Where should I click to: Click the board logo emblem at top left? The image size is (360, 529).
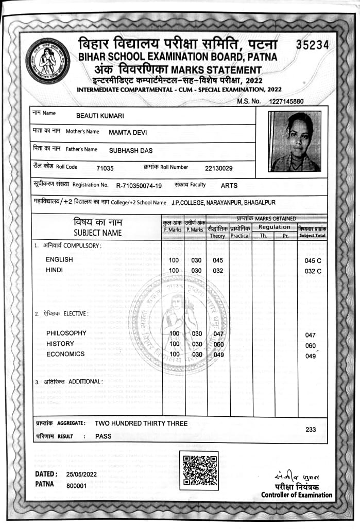coord(48,61)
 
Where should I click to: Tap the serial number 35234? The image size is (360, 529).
coord(312,45)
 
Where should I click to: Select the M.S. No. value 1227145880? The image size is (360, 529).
coord(286,101)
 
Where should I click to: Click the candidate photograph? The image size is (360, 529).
coord(295,142)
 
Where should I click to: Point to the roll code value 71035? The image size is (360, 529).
coord(105,168)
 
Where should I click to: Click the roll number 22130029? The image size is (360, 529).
coord(219,168)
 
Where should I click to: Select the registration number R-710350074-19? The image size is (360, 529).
coord(139,185)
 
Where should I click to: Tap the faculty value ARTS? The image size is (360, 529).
coord(229,185)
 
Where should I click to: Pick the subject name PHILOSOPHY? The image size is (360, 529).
coord(66,333)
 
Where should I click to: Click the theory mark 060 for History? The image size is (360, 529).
coord(218,344)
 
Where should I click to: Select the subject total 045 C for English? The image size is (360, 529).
coord(313,260)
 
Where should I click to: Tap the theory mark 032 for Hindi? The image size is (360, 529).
coord(218,271)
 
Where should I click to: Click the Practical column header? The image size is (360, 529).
coord(241,235)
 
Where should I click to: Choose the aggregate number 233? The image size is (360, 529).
coord(311,429)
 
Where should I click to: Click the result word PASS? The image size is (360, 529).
coord(104,436)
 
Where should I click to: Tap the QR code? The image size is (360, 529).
coord(199,470)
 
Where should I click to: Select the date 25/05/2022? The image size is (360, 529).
coord(82,473)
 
